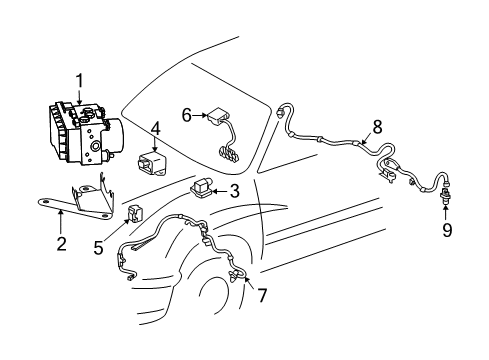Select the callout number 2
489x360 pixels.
62,244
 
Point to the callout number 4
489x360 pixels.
156,128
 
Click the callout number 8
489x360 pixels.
378,127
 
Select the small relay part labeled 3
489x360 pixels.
203,186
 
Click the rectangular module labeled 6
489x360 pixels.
215,118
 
